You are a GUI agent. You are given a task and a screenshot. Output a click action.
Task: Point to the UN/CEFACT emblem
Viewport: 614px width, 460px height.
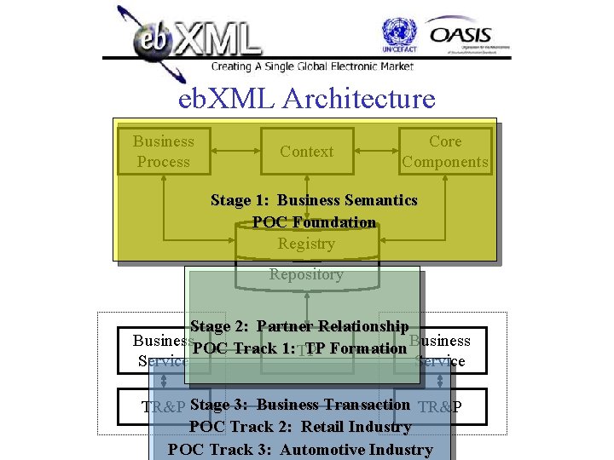click(x=399, y=37)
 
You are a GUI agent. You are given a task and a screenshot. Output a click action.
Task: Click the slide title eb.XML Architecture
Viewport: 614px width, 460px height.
click(x=307, y=99)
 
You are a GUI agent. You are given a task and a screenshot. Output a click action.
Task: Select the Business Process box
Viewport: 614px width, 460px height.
click(x=164, y=152)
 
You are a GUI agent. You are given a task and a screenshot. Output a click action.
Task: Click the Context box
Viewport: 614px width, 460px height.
click(x=307, y=152)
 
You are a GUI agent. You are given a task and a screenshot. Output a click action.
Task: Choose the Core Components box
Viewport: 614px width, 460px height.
click(x=445, y=152)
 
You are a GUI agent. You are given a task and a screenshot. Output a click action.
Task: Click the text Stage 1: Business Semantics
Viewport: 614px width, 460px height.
click(x=314, y=201)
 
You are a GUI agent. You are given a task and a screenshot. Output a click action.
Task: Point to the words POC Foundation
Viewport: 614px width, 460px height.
click(x=314, y=222)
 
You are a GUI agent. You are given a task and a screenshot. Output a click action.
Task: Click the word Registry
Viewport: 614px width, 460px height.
click(x=306, y=244)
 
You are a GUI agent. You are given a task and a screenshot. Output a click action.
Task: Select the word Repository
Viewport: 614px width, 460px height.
click(x=306, y=274)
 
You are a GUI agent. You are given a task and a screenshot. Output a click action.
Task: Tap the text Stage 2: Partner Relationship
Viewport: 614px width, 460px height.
click(x=300, y=326)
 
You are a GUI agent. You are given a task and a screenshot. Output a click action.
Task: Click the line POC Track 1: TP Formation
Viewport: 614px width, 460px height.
click(x=300, y=348)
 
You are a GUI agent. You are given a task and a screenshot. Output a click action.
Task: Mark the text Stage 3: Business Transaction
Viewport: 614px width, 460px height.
click(x=300, y=405)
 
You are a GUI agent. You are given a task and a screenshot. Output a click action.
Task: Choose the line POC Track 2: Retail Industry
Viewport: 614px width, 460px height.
click(x=300, y=427)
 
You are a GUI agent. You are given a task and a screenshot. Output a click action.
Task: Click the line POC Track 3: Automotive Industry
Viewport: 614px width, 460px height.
click(x=300, y=449)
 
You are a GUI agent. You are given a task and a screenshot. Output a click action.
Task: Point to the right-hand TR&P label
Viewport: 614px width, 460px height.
click(x=441, y=406)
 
